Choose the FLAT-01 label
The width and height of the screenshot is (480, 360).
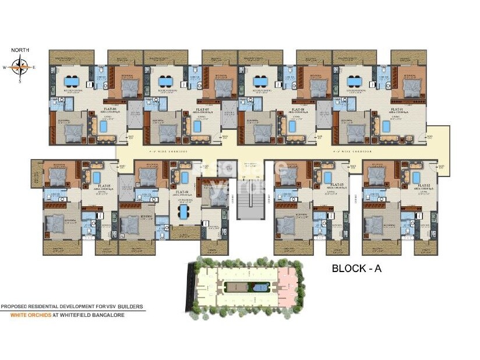click(397, 109)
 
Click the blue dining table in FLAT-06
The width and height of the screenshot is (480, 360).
click(72, 82)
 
